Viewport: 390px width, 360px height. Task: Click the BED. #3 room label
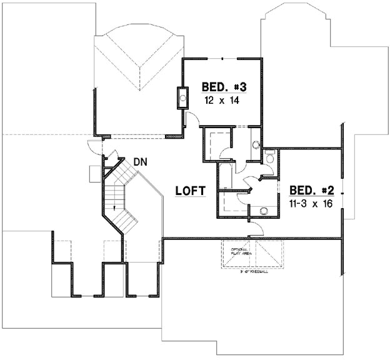(x=218, y=86)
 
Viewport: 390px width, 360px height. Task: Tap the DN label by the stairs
(x=141, y=162)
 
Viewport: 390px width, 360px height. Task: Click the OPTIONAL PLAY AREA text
(x=240, y=252)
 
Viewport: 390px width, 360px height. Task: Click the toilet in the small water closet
(x=269, y=159)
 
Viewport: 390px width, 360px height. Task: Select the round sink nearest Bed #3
(x=255, y=145)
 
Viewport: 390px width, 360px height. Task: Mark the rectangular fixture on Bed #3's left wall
(x=182, y=97)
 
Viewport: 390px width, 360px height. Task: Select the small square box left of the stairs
(x=94, y=171)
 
